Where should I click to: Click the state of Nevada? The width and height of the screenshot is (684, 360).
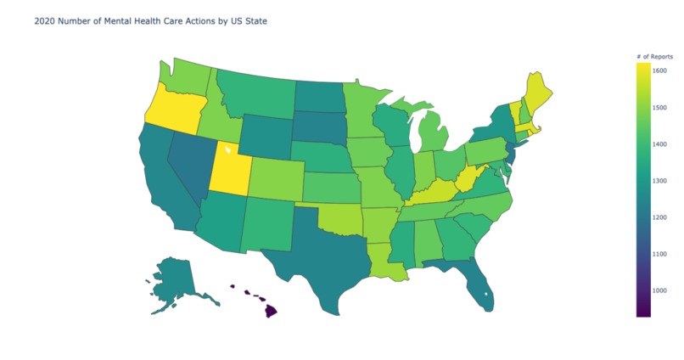tap(188, 161)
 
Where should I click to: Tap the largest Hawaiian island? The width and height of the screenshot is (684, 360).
tap(269, 310)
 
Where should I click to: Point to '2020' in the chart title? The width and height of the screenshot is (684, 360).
tap(43, 21)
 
